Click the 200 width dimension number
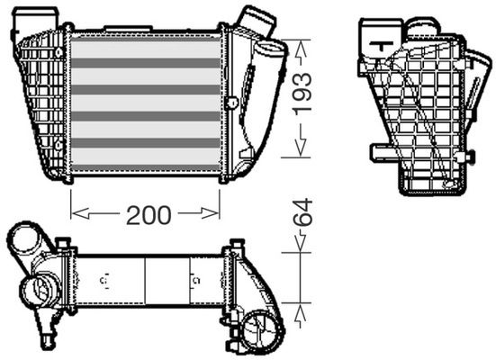point(149,215)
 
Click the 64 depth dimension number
point(302,212)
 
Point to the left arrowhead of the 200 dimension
point(80,213)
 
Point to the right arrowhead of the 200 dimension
point(210,213)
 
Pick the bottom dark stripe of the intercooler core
point(146,167)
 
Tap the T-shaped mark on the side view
point(382,45)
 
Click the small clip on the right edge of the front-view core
point(232,102)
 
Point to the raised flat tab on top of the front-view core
point(128,29)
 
